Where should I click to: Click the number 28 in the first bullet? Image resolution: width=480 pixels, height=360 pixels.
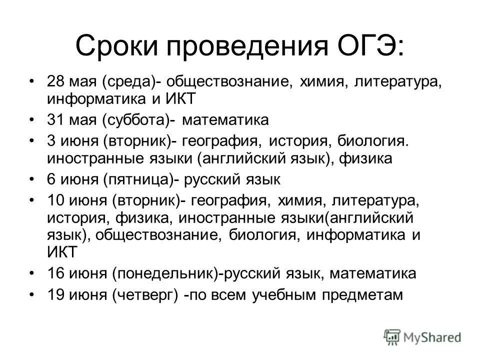point(56,81)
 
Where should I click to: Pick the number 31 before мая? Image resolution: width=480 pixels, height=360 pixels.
point(56,120)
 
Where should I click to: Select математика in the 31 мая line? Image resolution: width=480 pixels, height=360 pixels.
point(225,120)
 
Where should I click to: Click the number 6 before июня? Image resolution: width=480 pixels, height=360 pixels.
point(52,179)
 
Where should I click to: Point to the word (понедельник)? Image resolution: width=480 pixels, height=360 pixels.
point(167,274)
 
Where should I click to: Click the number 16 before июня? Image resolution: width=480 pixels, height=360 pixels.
point(56,274)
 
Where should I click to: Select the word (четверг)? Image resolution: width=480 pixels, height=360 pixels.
point(145,294)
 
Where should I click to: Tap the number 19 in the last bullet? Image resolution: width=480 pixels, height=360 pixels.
point(56,294)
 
